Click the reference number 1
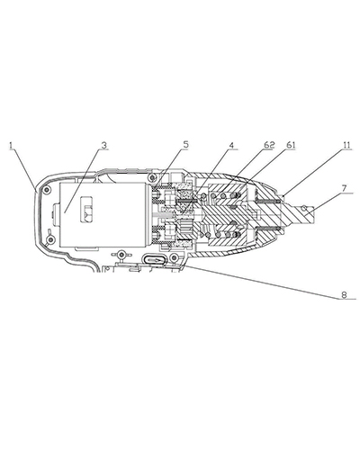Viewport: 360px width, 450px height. tap(11, 146)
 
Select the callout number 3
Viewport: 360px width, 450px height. tap(103, 146)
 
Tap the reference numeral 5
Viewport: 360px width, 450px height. tap(186, 145)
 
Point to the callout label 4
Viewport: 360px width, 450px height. tap(231, 145)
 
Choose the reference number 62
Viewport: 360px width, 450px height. tap(269, 145)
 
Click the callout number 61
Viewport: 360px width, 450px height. tap(291, 145)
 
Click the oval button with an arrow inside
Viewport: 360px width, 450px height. tap(154, 259)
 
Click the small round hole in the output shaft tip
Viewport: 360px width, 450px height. tap(304, 207)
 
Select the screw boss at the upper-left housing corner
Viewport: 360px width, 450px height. tap(47, 190)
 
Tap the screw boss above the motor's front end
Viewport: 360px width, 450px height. tap(152, 178)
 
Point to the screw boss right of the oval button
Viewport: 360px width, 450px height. tap(174, 256)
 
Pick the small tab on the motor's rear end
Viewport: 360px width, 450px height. tap(56, 212)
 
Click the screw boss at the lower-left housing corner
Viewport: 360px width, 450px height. tap(51, 239)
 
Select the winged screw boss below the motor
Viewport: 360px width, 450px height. tap(121, 255)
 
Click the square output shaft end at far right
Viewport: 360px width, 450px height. tap(303, 213)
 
